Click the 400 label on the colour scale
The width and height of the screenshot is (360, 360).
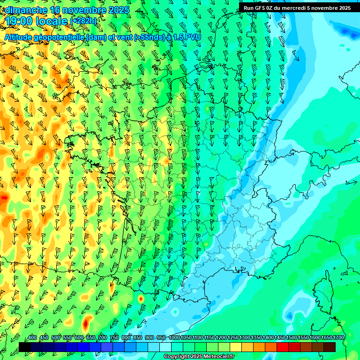[32, 337]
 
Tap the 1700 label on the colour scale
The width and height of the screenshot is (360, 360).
[338, 337]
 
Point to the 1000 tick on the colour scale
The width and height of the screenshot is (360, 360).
[174, 337]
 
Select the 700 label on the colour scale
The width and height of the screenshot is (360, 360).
[103, 337]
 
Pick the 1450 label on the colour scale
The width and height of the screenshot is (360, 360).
[280, 337]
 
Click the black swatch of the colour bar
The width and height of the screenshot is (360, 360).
[25, 347]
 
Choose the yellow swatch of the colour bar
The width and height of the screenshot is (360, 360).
[236, 347]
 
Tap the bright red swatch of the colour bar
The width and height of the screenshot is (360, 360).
[283, 347]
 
